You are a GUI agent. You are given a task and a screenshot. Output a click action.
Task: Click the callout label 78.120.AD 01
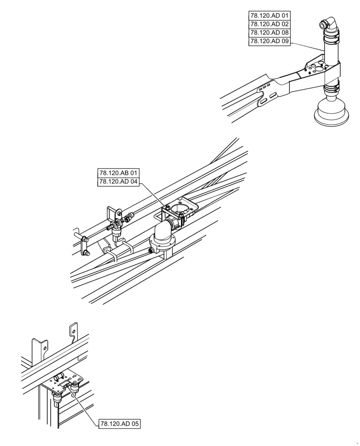(270, 16)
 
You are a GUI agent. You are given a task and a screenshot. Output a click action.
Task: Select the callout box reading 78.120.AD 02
(270, 24)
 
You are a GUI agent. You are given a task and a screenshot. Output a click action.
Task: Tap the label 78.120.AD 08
(270, 33)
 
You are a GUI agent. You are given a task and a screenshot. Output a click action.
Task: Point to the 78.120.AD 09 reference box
(270, 41)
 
